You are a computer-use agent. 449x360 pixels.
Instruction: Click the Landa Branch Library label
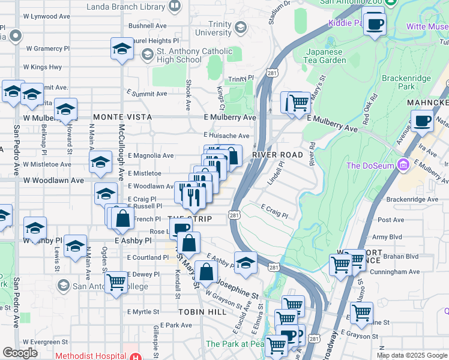pos(125,7)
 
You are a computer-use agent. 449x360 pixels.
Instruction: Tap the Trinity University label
pos(213,28)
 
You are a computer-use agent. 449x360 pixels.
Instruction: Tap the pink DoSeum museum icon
pos(403,164)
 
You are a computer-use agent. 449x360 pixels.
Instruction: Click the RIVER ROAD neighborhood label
pos(277,155)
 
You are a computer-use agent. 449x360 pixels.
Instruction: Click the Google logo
pos(20,353)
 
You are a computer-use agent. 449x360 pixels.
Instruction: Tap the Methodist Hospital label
pos(91,355)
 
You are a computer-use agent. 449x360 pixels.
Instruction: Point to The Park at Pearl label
pos(235,344)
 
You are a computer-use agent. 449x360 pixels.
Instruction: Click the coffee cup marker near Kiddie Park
pos(375,25)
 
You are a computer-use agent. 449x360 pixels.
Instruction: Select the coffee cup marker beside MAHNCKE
pos(422,121)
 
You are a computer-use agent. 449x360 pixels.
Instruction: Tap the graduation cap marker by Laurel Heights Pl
pos(122,49)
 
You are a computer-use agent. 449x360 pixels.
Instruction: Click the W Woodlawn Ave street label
pos(54,180)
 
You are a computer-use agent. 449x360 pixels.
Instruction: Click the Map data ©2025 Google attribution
pos(412,355)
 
